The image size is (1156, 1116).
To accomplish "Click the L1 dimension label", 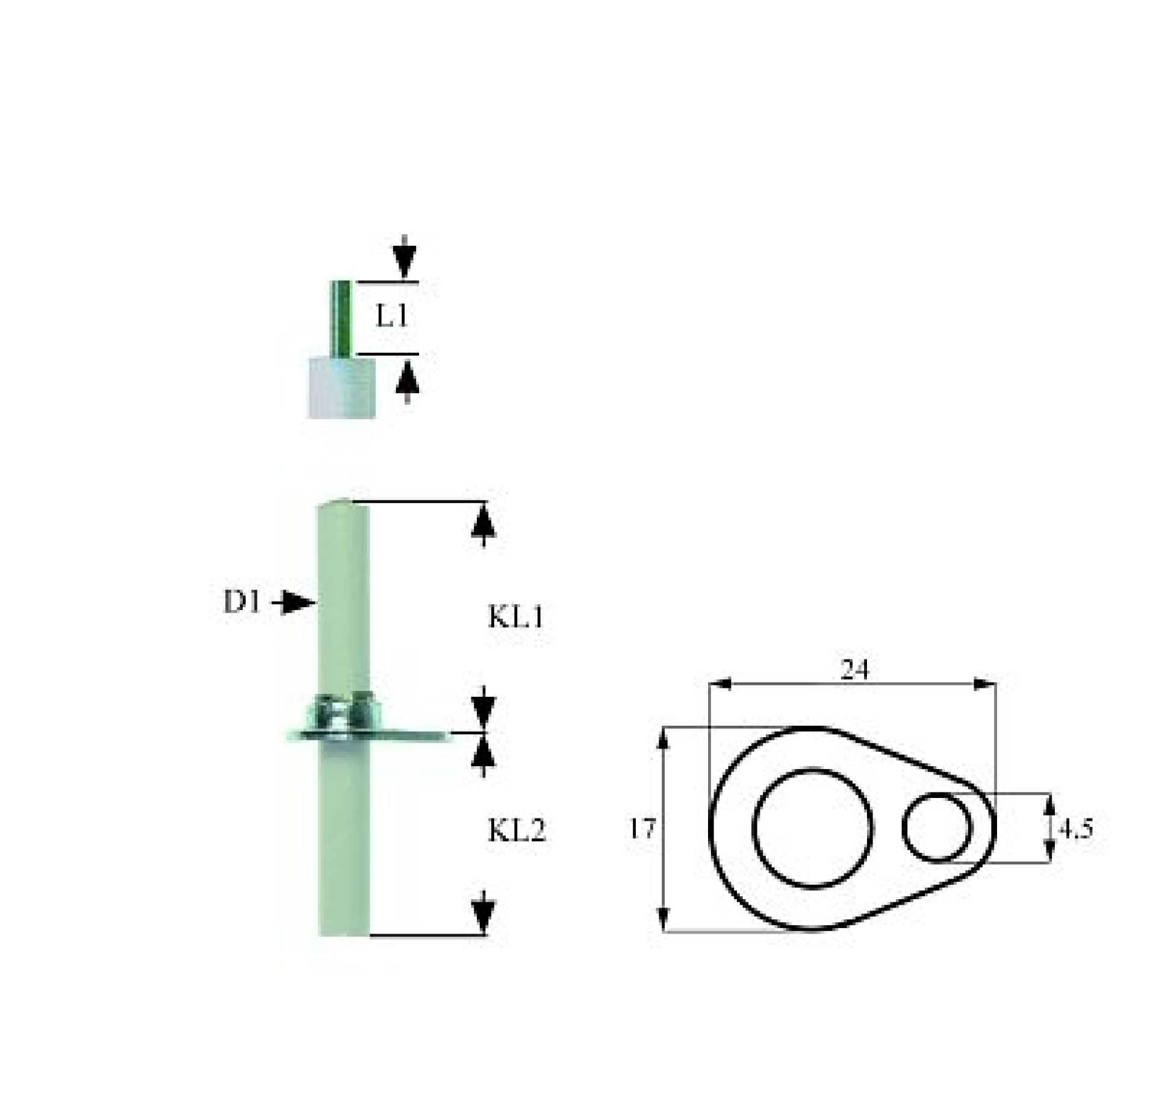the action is tap(392, 316).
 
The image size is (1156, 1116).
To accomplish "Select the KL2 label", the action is tap(517, 831).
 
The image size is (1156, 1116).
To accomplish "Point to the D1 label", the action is tap(242, 602).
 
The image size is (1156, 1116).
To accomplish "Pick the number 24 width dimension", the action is tap(855, 669).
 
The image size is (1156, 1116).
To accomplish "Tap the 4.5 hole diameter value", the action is tap(1076, 829).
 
